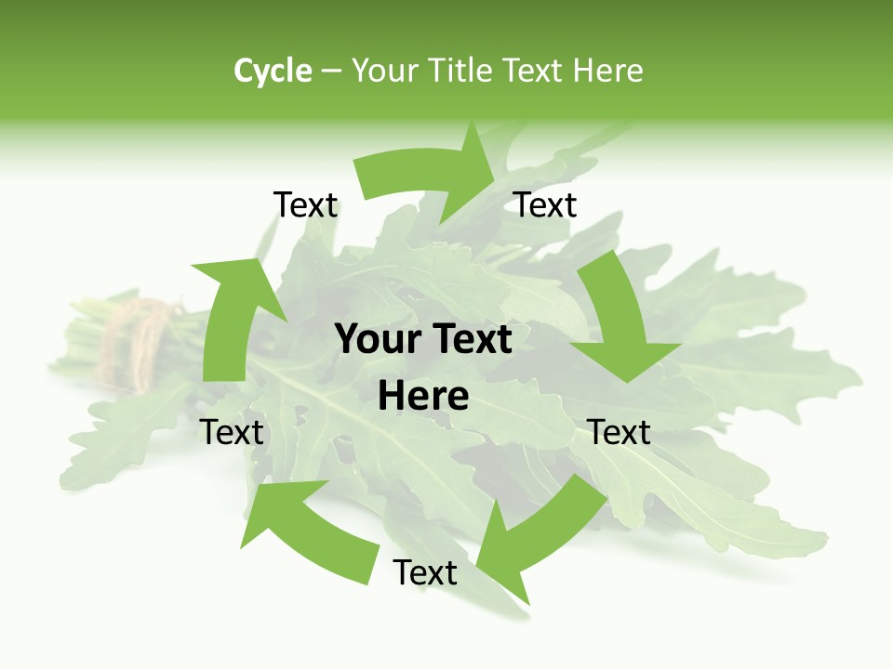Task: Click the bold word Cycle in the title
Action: click(273, 71)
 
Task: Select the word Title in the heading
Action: click(458, 71)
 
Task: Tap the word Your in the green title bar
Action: click(383, 71)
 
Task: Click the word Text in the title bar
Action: click(533, 71)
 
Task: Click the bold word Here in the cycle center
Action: click(423, 397)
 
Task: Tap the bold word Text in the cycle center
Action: click(470, 339)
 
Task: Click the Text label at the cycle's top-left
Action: click(306, 205)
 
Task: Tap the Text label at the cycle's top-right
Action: click(546, 205)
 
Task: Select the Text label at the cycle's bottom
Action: click(425, 573)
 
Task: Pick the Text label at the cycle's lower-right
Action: click(620, 432)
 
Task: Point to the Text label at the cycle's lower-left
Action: click(232, 432)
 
